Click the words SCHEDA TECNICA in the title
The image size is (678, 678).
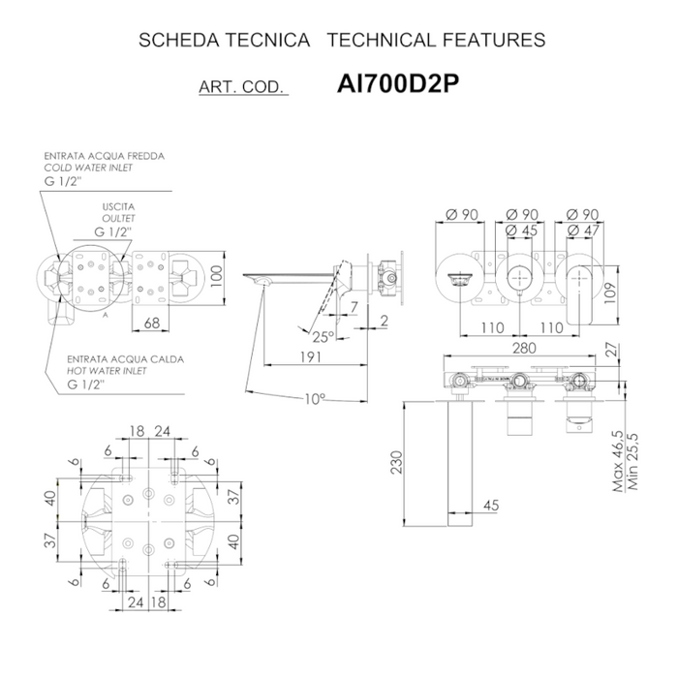click(x=225, y=41)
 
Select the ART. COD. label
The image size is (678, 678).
click(x=241, y=87)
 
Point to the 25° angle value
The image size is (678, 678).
click(x=324, y=337)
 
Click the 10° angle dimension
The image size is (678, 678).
click(x=313, y=398)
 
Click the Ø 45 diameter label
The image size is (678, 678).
click(x=524, y=231)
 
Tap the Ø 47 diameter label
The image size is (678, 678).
click(x=584, y=231)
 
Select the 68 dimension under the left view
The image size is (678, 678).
click(x=151, y=324)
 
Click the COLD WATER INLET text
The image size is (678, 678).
click(x=87, y=168)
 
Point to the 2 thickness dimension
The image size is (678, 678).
click(x=385, y=322)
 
